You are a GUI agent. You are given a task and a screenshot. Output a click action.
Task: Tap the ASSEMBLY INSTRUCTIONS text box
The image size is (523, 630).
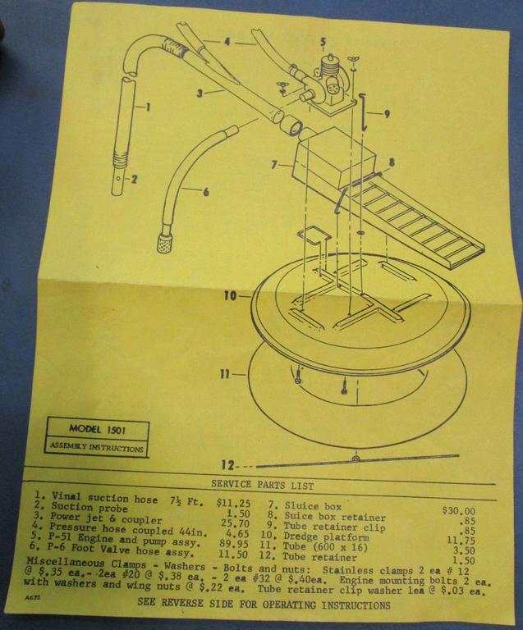95,448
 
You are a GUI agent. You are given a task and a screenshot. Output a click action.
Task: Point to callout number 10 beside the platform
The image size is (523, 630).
229,294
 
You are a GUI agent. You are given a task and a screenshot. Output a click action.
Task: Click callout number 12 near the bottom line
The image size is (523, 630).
228,465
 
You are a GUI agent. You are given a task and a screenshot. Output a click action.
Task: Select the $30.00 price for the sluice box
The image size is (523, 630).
458,511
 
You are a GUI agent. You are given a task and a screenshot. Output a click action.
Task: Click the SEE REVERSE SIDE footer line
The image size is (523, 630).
264,605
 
